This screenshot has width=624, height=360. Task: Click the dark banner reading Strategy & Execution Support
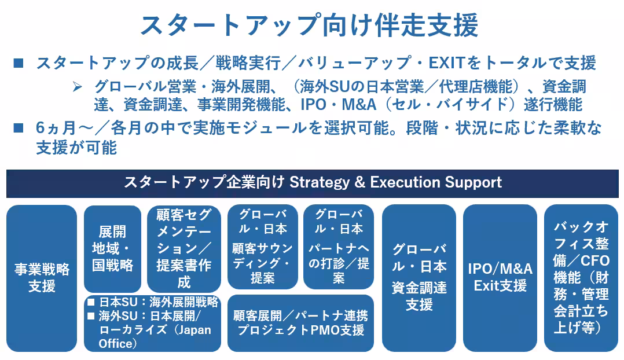312,183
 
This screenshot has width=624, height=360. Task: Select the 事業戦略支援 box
42,277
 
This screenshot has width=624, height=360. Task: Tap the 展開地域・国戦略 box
112,248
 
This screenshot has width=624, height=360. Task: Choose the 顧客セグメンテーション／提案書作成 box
184,248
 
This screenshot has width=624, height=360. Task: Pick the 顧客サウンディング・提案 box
262,246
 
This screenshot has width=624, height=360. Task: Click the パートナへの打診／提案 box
339,246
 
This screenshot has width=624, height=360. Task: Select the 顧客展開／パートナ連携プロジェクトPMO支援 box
300,323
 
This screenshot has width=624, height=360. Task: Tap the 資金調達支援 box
419,277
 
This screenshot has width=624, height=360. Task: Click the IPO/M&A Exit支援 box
500,277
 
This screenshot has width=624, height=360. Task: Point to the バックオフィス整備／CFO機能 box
581,277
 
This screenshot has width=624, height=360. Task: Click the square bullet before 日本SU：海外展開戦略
91,303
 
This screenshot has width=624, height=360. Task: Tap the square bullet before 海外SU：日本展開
91,317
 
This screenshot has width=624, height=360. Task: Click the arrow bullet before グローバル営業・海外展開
78,87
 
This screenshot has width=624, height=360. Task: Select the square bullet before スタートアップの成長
18,63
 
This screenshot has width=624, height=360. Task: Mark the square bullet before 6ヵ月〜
18,128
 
